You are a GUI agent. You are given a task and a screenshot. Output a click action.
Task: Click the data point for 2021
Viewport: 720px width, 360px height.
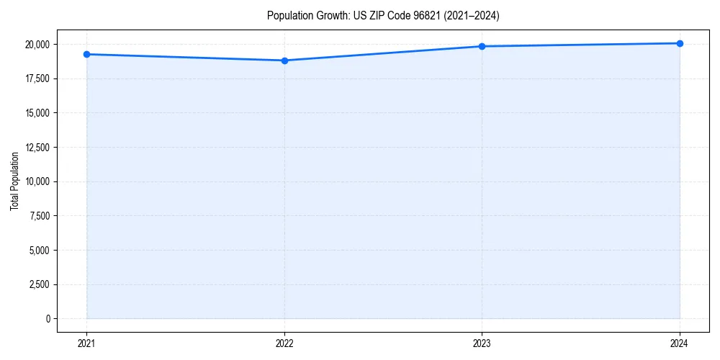86,54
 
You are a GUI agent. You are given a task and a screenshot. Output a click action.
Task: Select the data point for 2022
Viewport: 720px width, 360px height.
284,60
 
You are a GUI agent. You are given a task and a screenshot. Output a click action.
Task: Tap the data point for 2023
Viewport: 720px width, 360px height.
482,46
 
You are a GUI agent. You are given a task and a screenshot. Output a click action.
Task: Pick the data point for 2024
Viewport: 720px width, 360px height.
680,43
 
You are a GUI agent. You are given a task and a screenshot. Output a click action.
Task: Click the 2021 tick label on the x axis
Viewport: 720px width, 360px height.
86,343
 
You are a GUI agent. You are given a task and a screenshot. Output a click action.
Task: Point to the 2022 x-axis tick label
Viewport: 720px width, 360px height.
284,343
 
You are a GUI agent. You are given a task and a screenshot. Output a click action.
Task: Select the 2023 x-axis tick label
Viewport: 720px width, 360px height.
482,343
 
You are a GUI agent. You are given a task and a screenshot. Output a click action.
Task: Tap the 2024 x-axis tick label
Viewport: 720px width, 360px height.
680,343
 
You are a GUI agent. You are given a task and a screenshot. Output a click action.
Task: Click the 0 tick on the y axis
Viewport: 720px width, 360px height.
48,319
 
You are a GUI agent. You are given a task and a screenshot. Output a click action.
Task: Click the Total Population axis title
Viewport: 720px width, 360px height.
14,181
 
